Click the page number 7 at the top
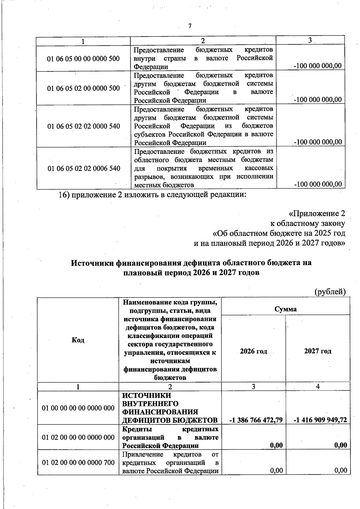point(190,26)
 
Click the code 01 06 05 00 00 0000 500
point(83,58)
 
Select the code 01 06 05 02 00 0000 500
point(83,88)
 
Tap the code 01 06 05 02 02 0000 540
point(83,126)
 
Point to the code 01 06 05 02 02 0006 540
point(84,168)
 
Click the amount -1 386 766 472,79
point(256,420)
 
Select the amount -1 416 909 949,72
point(320,420)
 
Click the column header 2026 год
point(253,351)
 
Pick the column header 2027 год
point(318,351)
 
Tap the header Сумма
point(285,309)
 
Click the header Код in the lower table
point(78,340)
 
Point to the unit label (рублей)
point(330,291)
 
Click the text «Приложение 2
point(316,214)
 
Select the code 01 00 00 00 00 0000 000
point(78,408)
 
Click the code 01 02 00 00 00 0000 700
point(78,463)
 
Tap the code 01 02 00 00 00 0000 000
point(78,437)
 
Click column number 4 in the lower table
point(318,387)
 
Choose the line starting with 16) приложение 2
point(152,195)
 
